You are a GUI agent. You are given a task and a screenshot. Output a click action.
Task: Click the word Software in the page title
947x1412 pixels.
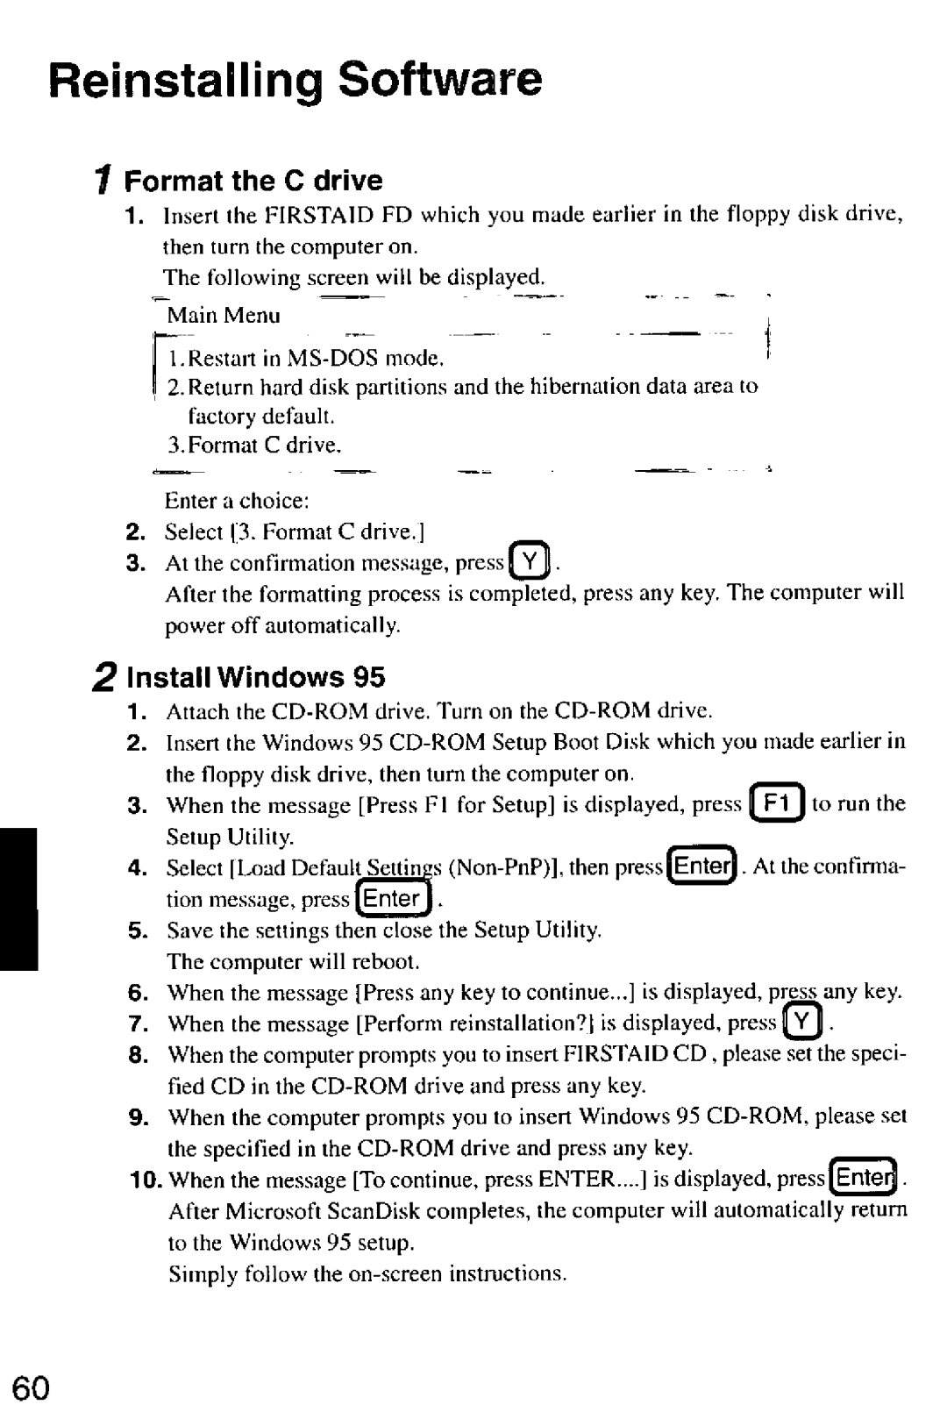(440, 80)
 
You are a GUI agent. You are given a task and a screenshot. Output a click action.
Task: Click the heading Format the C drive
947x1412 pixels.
(253, 181)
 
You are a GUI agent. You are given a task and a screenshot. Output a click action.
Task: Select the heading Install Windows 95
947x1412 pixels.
(256, 677)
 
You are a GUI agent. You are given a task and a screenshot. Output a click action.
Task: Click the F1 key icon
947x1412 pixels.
(777, 804)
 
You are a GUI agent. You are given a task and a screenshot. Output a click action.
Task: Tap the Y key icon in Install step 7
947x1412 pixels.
(801, 1023)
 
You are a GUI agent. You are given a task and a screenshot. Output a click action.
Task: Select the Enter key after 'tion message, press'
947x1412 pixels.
(394, 899)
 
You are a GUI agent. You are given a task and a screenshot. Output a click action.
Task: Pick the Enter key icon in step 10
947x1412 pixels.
(865, 1178)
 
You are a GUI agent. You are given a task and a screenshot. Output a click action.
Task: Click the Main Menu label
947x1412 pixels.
(224, 316)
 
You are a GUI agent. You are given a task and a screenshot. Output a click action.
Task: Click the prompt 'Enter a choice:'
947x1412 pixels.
(237, 501)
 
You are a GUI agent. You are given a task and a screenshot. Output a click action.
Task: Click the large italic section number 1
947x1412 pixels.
(103, 181)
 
